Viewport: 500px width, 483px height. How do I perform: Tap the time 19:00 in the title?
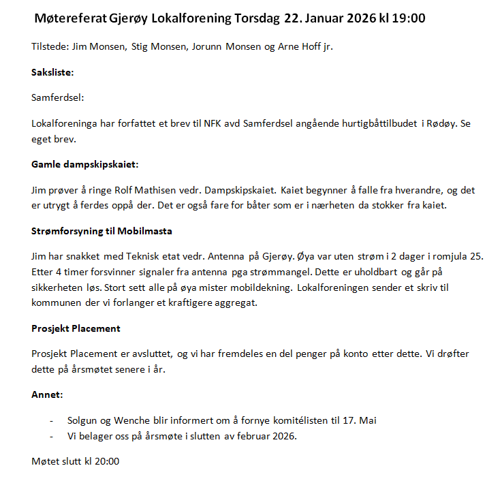click(x=407, y=18)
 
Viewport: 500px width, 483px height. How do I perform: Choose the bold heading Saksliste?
click(x=52, y=72)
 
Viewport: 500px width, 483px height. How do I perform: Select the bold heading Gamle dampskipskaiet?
click(x=85, y=164)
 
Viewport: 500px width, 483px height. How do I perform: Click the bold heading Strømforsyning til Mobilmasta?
click(x=101, y=231)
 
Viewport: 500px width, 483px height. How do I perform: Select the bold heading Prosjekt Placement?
click(x=76, y=328)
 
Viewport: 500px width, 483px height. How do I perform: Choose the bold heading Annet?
click(x=47, y=394)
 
